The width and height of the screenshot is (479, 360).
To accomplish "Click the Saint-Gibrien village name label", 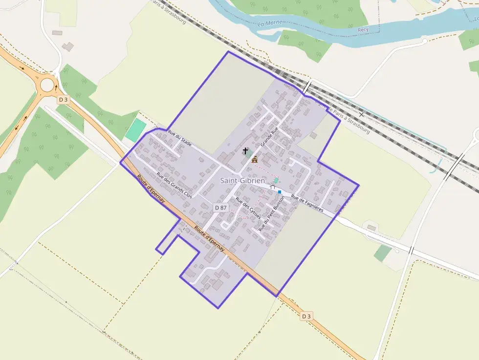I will [x=242, y=181].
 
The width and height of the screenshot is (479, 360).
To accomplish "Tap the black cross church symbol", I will [x=245, y=151].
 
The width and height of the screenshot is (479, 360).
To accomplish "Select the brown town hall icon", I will [x=254, y=159].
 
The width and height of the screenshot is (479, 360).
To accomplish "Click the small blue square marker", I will [x=279, y=192].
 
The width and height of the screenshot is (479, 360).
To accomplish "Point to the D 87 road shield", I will [x=221, y=208].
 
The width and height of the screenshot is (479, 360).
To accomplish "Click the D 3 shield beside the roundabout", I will [x=63, y=100].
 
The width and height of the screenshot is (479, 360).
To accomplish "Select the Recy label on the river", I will [x=363, y=30].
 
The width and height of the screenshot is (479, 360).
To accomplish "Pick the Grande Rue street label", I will [x=269, y=137].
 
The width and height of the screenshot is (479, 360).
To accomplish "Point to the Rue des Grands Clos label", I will [x=174, y=185].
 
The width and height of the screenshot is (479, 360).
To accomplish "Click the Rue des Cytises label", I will [x=248, y=209].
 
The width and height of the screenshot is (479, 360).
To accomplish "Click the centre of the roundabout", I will [x=47, y=85].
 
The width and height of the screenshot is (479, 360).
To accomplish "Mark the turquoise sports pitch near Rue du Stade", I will [x=135, y=130].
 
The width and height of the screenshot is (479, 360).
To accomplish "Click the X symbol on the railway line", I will [x=362, y=114].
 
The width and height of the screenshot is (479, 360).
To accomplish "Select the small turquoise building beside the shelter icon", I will [x=276, y=181].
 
